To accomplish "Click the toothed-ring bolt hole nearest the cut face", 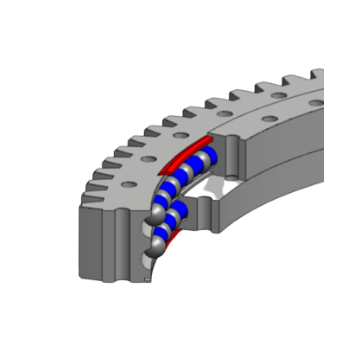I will tap(129, 184).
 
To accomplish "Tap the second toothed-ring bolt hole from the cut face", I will tap(149, 159).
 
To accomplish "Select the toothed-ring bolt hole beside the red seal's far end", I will tap(181, 135).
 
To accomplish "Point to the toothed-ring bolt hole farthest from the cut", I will tap(279, 95).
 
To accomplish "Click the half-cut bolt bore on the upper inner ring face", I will tap(232, 157).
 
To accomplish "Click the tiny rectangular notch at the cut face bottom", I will tap(147, 279).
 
